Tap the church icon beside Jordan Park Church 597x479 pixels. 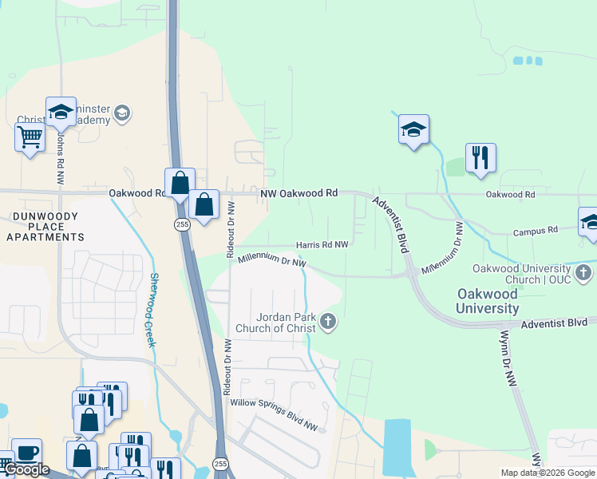[327, 323]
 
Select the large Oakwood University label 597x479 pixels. [488, 301]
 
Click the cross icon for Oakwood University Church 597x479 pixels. [583, 274]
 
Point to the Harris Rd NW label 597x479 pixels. [322, 244]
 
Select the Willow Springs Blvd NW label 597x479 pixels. [274, 415]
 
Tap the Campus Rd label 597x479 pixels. [535, 231]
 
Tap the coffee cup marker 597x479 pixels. [26, 452]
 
